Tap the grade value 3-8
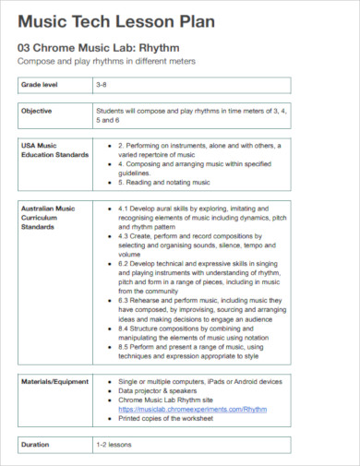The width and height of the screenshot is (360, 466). [x=102, y=85]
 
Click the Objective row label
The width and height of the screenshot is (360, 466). [x=37, y=111]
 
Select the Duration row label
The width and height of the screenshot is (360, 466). [x=36, y=445]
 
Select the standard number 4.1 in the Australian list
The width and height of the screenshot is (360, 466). [x=125, y=209]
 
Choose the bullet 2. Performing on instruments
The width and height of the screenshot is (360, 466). [x=197, y=146]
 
